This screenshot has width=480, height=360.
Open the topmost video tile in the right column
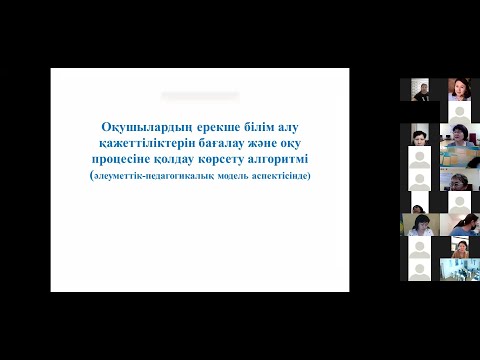(459, 90)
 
